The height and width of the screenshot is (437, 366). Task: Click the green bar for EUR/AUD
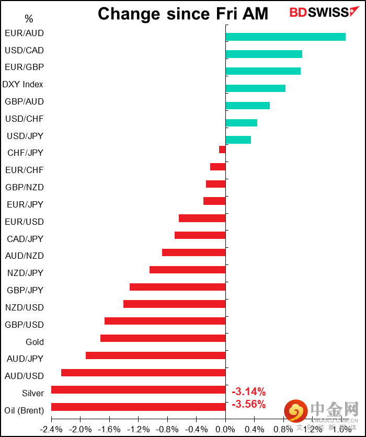pos(285,37)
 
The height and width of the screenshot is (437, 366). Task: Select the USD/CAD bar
pos(264,54)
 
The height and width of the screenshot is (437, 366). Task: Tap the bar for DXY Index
pos(255,88)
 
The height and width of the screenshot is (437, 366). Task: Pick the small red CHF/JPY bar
pos(222,149)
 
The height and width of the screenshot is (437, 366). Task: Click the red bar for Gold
pos(163,338)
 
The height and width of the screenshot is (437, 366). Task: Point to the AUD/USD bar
pos(143,373)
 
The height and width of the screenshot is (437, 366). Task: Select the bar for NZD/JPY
pos(187,270)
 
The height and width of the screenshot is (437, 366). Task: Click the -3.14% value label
pos(248,392)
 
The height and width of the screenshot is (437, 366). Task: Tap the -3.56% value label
pos(248,404)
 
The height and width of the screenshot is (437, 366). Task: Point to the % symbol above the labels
pos(29,19)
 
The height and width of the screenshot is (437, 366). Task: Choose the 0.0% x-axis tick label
pos(225,429)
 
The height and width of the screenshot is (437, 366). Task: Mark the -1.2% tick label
pos(138,429)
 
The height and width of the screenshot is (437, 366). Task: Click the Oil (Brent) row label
pos(24,410)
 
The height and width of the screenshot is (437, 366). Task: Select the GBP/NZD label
pos(25,187)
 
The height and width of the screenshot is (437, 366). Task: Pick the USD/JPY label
pos(25,136)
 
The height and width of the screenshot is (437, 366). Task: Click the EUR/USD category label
pos(25,222)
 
